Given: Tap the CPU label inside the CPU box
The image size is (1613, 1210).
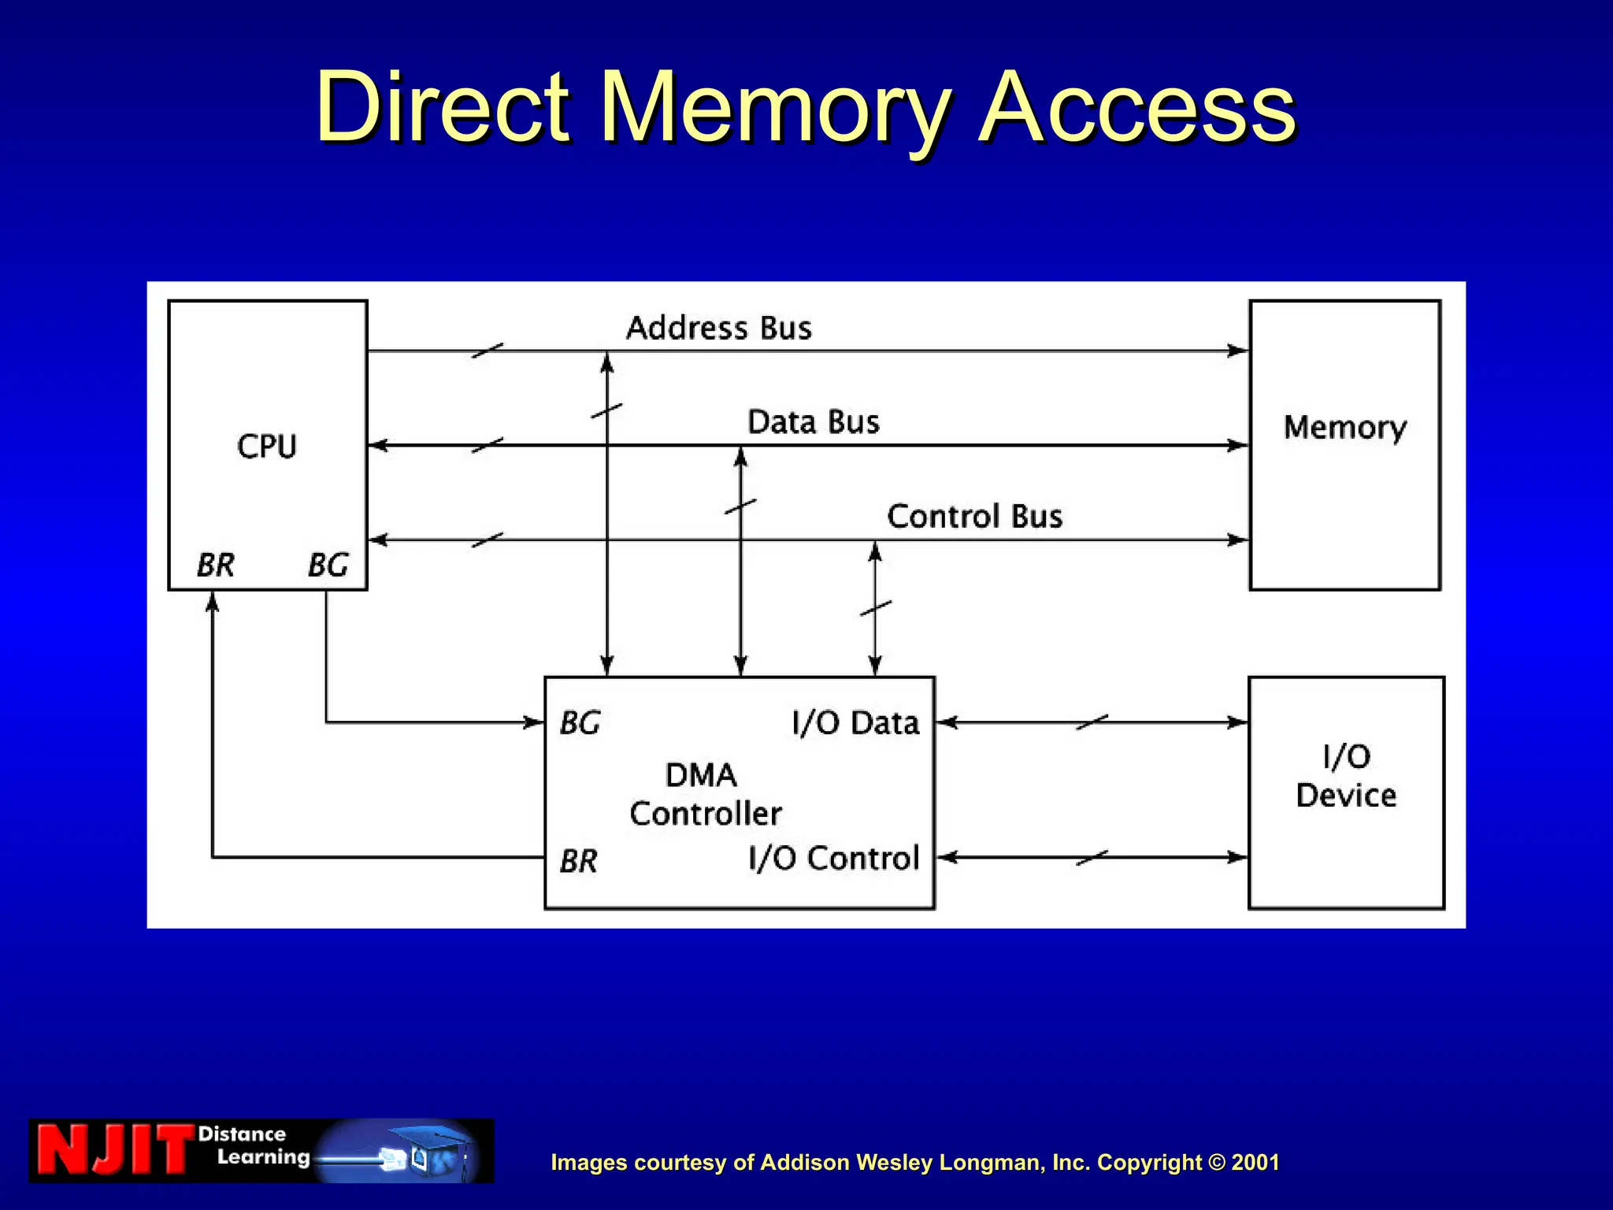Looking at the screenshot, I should [267, 447].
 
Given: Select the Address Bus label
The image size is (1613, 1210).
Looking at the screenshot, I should [718, 328].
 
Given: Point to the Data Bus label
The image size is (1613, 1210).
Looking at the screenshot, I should [813, 422].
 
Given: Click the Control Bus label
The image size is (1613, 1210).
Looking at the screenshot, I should [974, 517].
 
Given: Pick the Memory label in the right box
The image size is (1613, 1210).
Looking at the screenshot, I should [1344, 428].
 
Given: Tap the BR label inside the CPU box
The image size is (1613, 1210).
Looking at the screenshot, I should [215, 565].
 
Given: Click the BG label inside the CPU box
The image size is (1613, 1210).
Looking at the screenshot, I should [328, 565].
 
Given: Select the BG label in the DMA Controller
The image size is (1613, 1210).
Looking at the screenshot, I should [580, 722].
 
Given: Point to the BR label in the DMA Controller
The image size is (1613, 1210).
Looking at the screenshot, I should [579, 861].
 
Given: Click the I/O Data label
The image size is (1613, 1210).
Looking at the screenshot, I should [855, 722].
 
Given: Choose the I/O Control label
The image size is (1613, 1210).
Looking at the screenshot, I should [833, 858].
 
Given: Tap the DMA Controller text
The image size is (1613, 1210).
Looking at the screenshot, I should [704, 794].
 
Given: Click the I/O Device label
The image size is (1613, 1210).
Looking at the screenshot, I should [1346, 776].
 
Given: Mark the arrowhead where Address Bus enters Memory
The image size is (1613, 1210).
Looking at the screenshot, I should [1239, 351].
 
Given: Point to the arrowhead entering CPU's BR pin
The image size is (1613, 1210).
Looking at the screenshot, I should [212, 602].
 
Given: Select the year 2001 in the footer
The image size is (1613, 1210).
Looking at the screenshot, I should [1255, 1163].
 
